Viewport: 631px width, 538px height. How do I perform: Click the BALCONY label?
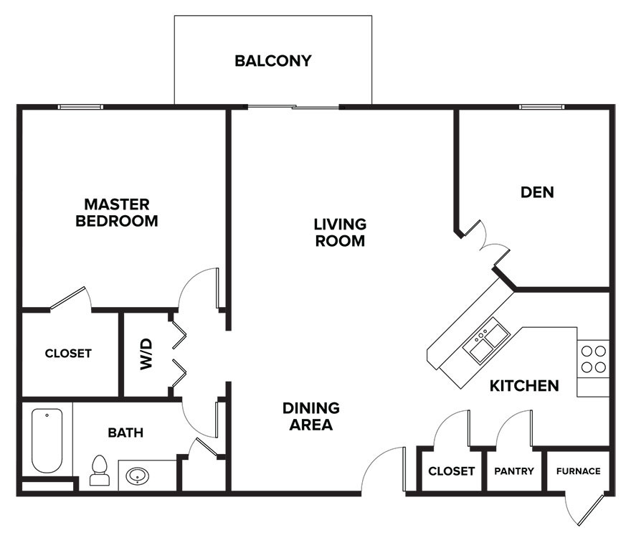(x=273, y=61)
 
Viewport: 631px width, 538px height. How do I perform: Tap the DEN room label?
(x=537, y=192)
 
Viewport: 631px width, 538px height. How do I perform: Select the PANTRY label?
(x=514, y=471)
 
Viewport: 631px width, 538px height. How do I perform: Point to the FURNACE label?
(x=578, y=471)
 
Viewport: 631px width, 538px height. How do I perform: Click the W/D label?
(x=146, y=354)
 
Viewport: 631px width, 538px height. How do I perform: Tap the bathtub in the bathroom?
(x=47, y=440)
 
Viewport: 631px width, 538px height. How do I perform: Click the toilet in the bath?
(x=100, y=470)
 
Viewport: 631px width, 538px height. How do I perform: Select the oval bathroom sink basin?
(x=138, y=476)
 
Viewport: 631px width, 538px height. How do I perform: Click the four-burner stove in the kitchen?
(x=593, y=359)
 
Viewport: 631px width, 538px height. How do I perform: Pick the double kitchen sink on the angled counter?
(x=486, y=341)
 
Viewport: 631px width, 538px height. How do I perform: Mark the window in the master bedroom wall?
(x=80, y=107)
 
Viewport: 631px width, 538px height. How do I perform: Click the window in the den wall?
(x=541, y=107)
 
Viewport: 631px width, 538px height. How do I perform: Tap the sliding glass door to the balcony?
(x=293, y=107)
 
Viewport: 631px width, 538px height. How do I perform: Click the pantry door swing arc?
(x=508, y=421)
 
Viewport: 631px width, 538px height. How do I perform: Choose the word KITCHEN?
(x=524, y=386)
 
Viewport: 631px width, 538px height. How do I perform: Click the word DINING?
(x=311, y=408)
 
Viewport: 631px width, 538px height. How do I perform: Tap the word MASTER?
(x=117, y=204)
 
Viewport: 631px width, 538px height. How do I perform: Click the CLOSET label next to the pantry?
(x=452, y=471)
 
